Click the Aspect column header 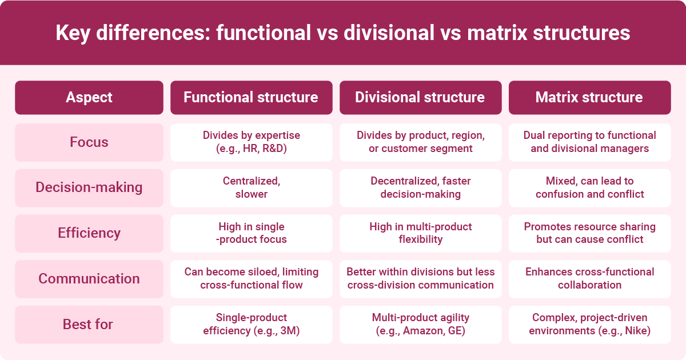[89, 97]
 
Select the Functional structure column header [251, 97]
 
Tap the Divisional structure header [420, 97]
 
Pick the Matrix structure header [589, 97]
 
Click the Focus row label [89, 142]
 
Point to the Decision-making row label [89, 187]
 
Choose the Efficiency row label [89, 233]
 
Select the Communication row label [89, 279]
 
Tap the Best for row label [89, 325]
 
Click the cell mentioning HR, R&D [251, 142]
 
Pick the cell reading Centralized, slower [251, 187]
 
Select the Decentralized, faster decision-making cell [420, 187]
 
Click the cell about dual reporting [589, 142]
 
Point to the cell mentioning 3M [251, 325]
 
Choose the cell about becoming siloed [251, 279]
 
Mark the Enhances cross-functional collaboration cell [589, 279]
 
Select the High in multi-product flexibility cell [420, 233]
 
